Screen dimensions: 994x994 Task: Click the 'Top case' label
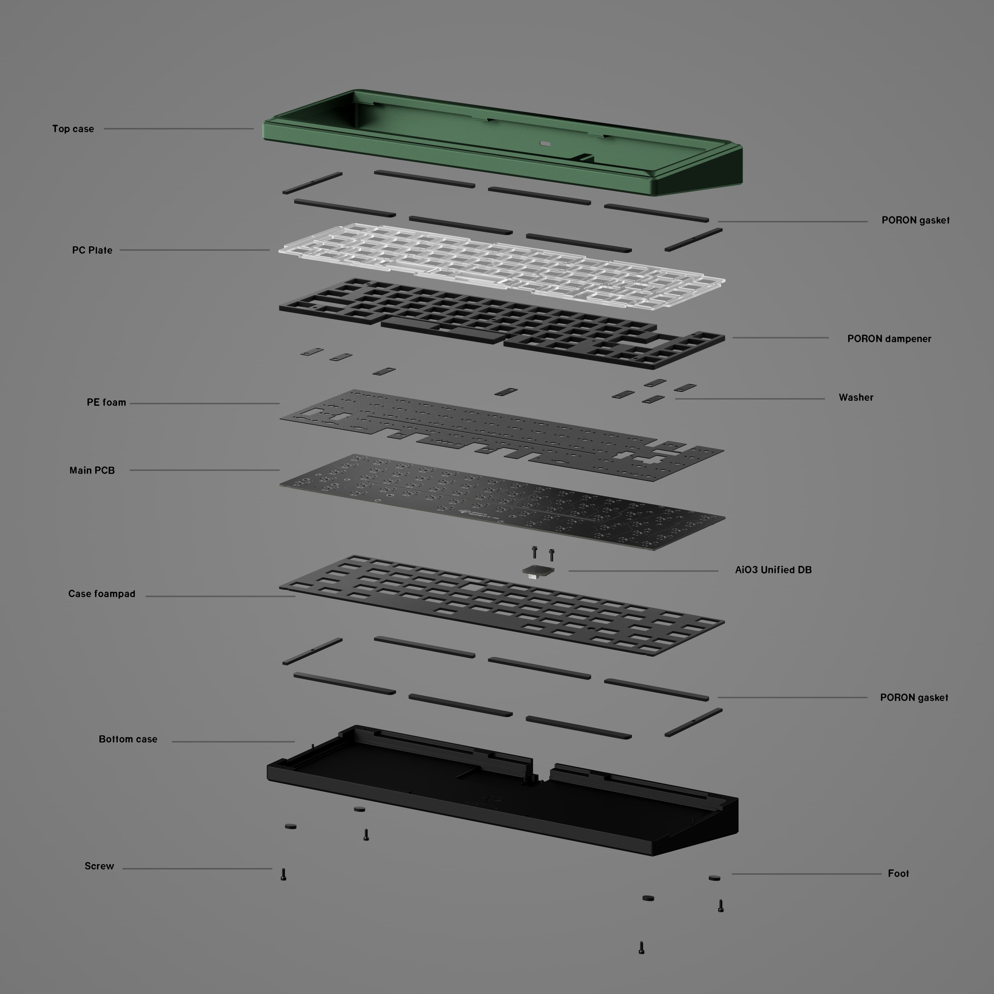click(73, 129)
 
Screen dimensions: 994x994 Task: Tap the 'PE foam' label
click(106, 402)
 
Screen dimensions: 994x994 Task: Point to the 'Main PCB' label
click(92, 470)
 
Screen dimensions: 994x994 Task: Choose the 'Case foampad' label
click(102, 594)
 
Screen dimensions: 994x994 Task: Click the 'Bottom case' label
click(128, 739)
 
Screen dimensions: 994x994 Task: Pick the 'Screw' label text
click(99, 866)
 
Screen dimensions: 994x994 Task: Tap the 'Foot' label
click(898, 874)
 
